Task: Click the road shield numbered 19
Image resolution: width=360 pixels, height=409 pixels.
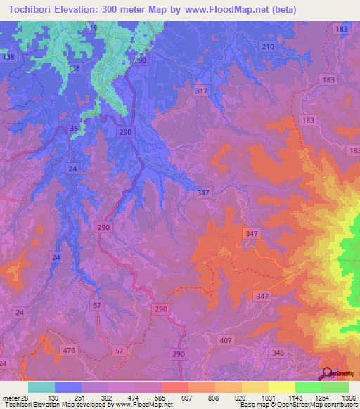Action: (x=94, y=27)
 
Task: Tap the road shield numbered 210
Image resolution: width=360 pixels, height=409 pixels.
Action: (x=267, y=46)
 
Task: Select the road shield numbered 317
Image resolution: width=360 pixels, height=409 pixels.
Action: (x=202, y=91)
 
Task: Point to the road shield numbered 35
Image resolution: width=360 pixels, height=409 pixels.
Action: (x=75, y=128)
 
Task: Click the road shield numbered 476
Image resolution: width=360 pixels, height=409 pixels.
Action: (x=69, y=350)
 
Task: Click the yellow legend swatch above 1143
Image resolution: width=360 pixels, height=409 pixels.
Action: (x=282, y=387)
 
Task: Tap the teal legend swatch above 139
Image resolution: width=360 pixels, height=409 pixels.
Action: (x=41, y=387)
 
